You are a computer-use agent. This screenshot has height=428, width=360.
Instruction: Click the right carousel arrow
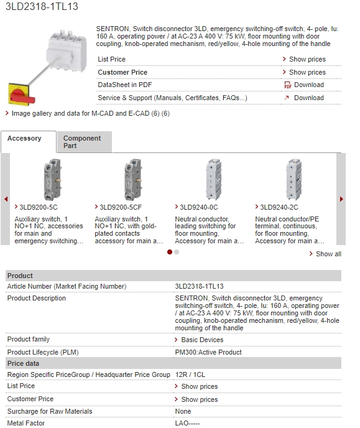tap(341, 199)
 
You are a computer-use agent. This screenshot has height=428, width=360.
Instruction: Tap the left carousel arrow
tap(6, 199)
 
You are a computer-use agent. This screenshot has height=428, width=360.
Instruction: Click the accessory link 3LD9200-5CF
tap(121, 207)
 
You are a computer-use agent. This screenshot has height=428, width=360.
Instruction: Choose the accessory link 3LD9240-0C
tap(198, 207)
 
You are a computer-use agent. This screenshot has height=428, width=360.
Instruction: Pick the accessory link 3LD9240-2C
tap(279, 207)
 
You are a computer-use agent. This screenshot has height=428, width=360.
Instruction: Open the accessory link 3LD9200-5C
tap(39, 207)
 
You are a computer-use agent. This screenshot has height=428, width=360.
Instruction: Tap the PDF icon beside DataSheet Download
tap(288, 85)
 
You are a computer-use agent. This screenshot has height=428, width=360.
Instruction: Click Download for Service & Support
tap(309, 98)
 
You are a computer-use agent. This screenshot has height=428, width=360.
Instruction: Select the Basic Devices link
tap(202, 340)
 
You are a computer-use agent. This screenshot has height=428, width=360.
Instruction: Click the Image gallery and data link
tap(91, 113)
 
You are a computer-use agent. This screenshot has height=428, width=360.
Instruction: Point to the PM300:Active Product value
tap(208, 352)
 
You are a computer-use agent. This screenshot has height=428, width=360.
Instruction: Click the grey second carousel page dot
tap(177, 252)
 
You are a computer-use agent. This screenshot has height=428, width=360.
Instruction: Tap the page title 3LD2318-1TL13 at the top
tap(42, 6)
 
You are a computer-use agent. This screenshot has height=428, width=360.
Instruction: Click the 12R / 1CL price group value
tap(190, 374)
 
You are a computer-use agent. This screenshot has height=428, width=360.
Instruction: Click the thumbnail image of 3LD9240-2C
tap(294, 180)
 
